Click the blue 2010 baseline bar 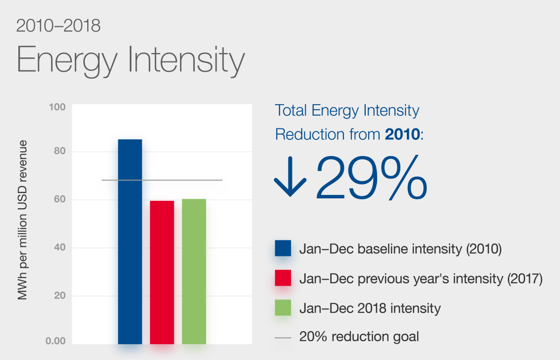tap(130, 241)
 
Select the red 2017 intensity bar tap(162, 272)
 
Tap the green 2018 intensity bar tap(194, 271)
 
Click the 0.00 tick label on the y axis tap(56, 341)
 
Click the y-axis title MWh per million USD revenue tap(22, 220)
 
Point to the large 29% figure tap(371, 178)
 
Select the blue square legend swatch tap(283, 248)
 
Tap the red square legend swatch tap(283, 278)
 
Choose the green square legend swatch tap(283, 308)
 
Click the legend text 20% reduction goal tap(359, 337)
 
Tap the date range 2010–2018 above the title tap(58, 26)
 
